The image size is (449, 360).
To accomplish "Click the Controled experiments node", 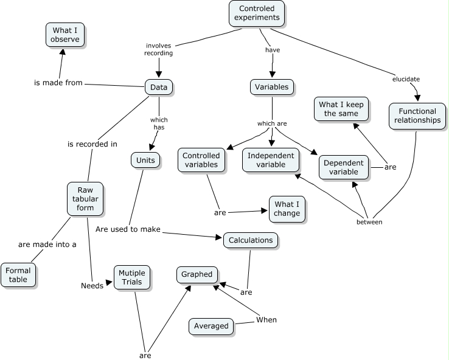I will coord(256,13).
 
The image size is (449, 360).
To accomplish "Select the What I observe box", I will coord(66,35).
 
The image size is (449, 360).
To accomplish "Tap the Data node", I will coord(159,88).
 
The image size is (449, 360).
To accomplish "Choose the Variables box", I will coord(271,87).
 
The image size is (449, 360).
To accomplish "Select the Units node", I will coord(145,160).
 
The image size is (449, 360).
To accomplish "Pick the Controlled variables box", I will coord(201,161).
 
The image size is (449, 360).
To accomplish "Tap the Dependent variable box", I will coord(344,167).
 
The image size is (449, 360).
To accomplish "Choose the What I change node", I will coord(287,209).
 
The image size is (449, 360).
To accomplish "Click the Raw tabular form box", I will coord(85,199).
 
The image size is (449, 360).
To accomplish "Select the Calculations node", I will coord(251,240).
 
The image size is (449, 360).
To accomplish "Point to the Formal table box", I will coord(18,275).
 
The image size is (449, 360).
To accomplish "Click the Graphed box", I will coord(197,274).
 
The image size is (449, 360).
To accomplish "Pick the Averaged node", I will coord(211,326).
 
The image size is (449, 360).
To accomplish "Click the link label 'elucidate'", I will coord(406,79).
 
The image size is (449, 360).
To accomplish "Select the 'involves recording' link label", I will coord(159,49).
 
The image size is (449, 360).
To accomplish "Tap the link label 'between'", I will coord(369,222).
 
